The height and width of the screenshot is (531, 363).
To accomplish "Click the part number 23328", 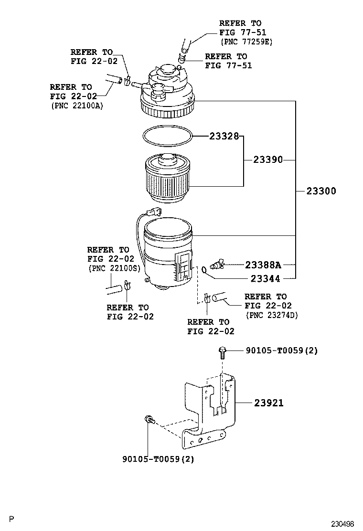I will point(224,136).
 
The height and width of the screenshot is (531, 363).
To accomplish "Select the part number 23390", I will point(268,160).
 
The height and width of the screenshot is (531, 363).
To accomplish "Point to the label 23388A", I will point(263,265).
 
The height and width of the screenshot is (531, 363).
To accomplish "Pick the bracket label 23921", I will point(268,403).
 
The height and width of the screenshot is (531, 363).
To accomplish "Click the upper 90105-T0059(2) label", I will point(282,351).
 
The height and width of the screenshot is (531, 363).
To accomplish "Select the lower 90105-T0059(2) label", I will point(158,459).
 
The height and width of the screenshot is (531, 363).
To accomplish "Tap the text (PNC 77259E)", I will point(246,42).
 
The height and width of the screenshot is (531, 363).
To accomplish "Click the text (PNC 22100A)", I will point(76,106).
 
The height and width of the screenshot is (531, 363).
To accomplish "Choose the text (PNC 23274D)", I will point(271,315).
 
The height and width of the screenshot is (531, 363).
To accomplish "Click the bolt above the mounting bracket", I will point(222,352).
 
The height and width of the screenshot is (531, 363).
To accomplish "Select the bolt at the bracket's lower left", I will point(149,420).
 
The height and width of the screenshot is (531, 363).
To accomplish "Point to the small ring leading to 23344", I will point(204,270).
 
